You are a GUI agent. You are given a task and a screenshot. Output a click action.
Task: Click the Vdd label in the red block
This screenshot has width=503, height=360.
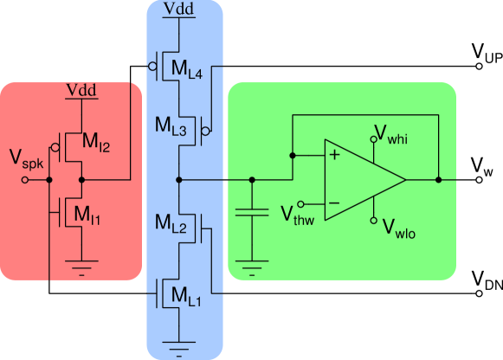(81, 91)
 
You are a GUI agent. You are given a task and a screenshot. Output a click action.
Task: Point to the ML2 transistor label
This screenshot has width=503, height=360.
(171, 224)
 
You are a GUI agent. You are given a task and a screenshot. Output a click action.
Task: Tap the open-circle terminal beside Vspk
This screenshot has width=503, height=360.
(25, 180)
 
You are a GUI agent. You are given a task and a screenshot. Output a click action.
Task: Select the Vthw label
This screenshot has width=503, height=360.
(296, 214)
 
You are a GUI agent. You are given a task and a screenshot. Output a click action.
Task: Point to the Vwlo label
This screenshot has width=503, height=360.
(397, 230)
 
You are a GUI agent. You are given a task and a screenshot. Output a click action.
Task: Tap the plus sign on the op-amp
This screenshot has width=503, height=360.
(333, 156)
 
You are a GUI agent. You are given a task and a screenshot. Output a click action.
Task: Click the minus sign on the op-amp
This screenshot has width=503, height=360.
(333, 204)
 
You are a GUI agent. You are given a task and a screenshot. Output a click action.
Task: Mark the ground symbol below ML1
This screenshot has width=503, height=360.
(178, 350)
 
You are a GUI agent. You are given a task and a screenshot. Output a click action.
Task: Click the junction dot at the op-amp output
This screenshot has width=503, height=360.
(439, 180)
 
